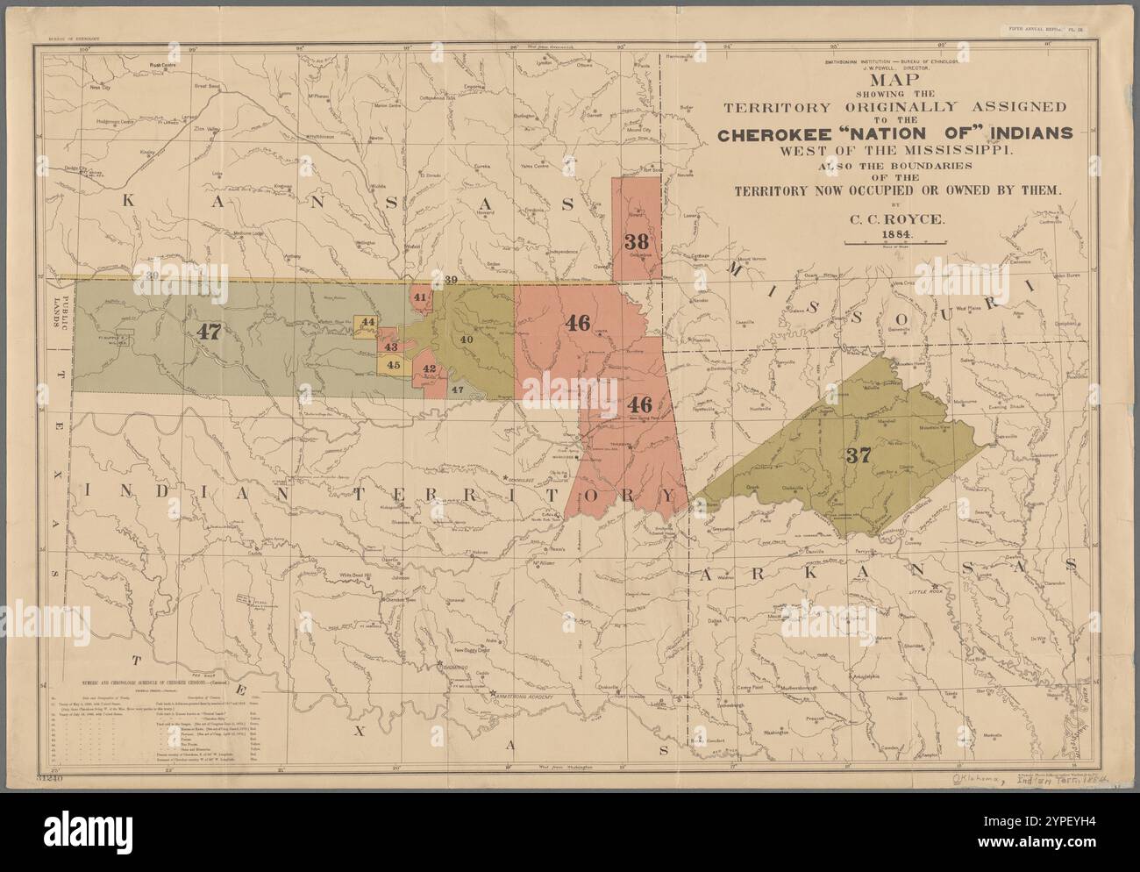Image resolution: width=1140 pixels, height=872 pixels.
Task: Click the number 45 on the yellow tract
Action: [x=394, y=365]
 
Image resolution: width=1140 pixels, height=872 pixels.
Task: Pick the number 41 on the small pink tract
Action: [x=421, y=297]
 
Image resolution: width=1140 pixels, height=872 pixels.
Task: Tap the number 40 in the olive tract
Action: [x=467, y=340]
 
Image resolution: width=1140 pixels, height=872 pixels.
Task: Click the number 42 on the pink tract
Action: [x=429, y=369]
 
